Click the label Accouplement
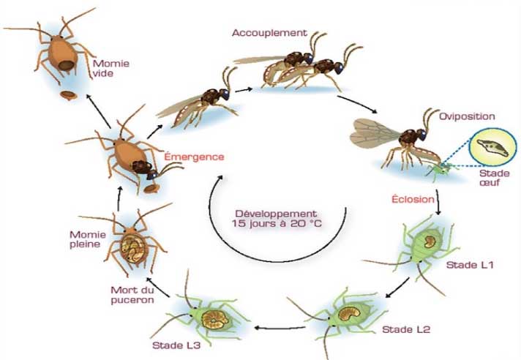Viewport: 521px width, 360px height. click(269, 33)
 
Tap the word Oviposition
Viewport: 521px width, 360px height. click(467, 116)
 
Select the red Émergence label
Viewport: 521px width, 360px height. click(195, 157)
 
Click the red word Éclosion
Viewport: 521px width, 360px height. click(413, 199)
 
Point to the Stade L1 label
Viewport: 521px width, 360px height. click(470, 265)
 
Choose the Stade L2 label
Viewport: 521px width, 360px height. click(406, 329)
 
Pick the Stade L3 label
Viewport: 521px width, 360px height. click(176, 345)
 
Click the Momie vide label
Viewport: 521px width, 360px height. click(110, 68)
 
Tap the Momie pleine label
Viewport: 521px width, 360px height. click(88, 239)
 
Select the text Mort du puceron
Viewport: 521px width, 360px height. click(132, 295)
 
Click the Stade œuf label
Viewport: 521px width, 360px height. click(494, 178)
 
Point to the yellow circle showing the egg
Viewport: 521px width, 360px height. click(492, 147)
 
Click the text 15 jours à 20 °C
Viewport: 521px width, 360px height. click(277, 223)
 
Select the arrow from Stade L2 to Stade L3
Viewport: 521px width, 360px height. click(280, 328)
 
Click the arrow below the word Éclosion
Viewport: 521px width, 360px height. click(438, 202)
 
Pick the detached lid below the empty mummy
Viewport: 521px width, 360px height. click(69, 96)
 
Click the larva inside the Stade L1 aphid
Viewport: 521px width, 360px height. click(430, 241)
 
